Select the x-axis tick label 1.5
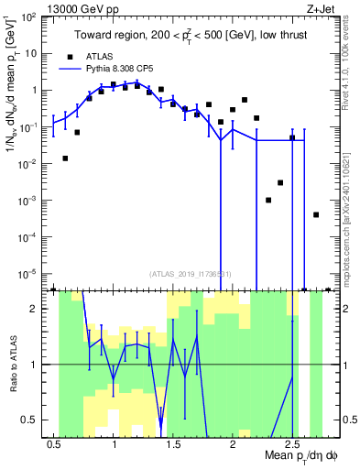tap(173, 444)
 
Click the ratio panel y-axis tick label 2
tap(35, 309)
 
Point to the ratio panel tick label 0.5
tap(30, 420)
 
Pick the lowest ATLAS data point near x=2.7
tap(316, 214)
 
